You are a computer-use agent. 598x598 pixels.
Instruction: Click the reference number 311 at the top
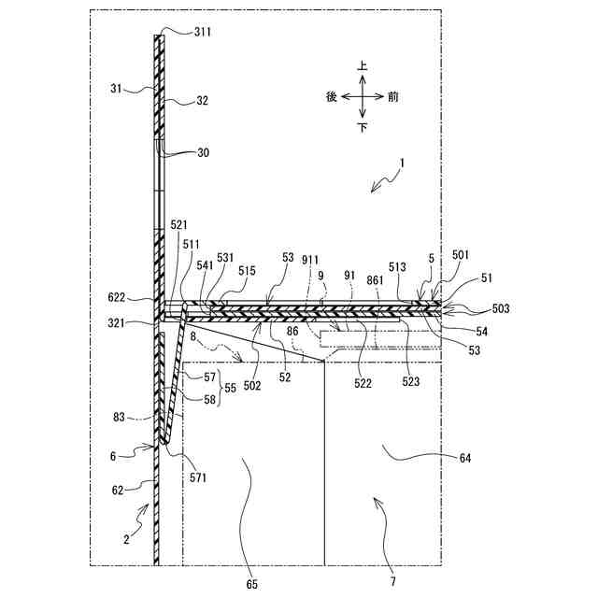[203, 31]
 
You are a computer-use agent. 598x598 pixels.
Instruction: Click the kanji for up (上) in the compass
[363, 67]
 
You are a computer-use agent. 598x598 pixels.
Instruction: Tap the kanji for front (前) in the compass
[393, 96]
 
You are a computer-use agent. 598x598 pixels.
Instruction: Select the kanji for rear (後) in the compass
[332, 96]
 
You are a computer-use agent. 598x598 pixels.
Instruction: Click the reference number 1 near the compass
[403, 163]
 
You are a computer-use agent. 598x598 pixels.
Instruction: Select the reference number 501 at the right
[461, 254]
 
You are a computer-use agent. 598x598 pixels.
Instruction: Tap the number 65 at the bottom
[252, 584]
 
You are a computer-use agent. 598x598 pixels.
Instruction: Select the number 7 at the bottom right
[392, 582]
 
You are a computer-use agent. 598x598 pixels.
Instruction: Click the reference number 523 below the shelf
[410, 381]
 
